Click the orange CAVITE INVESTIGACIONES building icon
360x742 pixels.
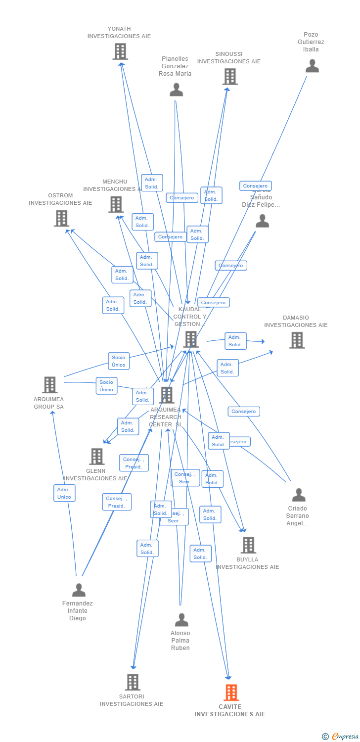(231, 693)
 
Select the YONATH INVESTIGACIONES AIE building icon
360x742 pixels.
(120, 51)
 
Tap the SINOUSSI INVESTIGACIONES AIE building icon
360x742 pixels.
(230, 77)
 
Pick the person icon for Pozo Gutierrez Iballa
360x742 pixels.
(312, 66)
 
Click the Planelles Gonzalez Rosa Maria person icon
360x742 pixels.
(177, 90)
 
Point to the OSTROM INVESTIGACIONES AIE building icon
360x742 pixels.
(61, 218)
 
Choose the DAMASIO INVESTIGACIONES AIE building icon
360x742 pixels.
(297, 340)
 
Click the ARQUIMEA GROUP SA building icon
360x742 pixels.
(49, 385)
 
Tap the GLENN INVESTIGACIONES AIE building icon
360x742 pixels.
(97, 456)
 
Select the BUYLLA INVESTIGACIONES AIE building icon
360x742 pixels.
(248, 545)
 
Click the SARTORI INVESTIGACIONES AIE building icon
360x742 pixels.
(133, 682)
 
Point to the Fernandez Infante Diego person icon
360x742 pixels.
(79, 590)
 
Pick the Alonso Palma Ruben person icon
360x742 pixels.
(181, 620)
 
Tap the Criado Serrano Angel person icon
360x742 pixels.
(299, 495)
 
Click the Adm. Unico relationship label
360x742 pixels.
(64, 493)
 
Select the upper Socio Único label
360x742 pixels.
(119, 361)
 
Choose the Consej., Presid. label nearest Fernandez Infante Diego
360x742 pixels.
(117, 502)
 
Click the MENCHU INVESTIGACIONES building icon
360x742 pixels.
(116, 204)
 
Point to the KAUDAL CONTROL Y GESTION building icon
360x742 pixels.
(191, 339)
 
